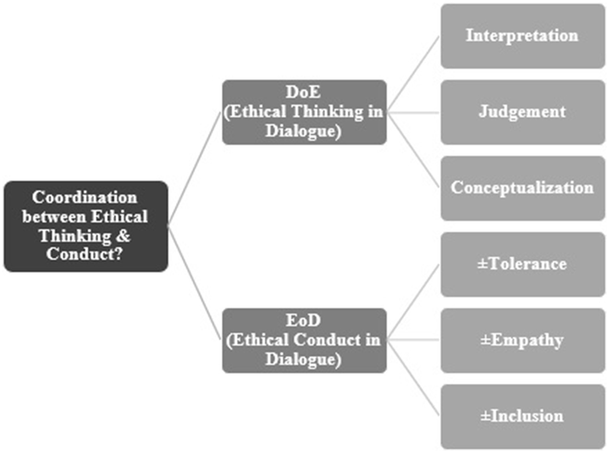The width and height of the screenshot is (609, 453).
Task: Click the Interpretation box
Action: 522,36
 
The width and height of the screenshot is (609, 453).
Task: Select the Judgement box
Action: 522,112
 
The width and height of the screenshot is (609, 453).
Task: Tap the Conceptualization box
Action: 522,188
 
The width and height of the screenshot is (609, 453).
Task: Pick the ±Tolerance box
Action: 522,264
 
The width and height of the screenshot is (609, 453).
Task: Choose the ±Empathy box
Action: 522,340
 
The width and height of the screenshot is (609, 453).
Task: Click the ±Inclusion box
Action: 522,416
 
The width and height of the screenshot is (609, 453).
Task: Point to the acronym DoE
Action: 303,92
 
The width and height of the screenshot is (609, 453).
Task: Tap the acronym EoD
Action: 303,321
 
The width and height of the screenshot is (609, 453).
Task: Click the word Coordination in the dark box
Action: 85,198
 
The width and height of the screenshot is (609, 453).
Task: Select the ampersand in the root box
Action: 123,236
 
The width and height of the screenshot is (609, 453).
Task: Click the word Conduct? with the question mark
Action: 85,254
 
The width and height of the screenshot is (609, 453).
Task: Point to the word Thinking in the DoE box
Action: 327,112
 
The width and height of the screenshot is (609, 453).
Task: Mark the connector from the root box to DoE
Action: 195,169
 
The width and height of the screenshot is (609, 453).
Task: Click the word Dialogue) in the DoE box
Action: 303,131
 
